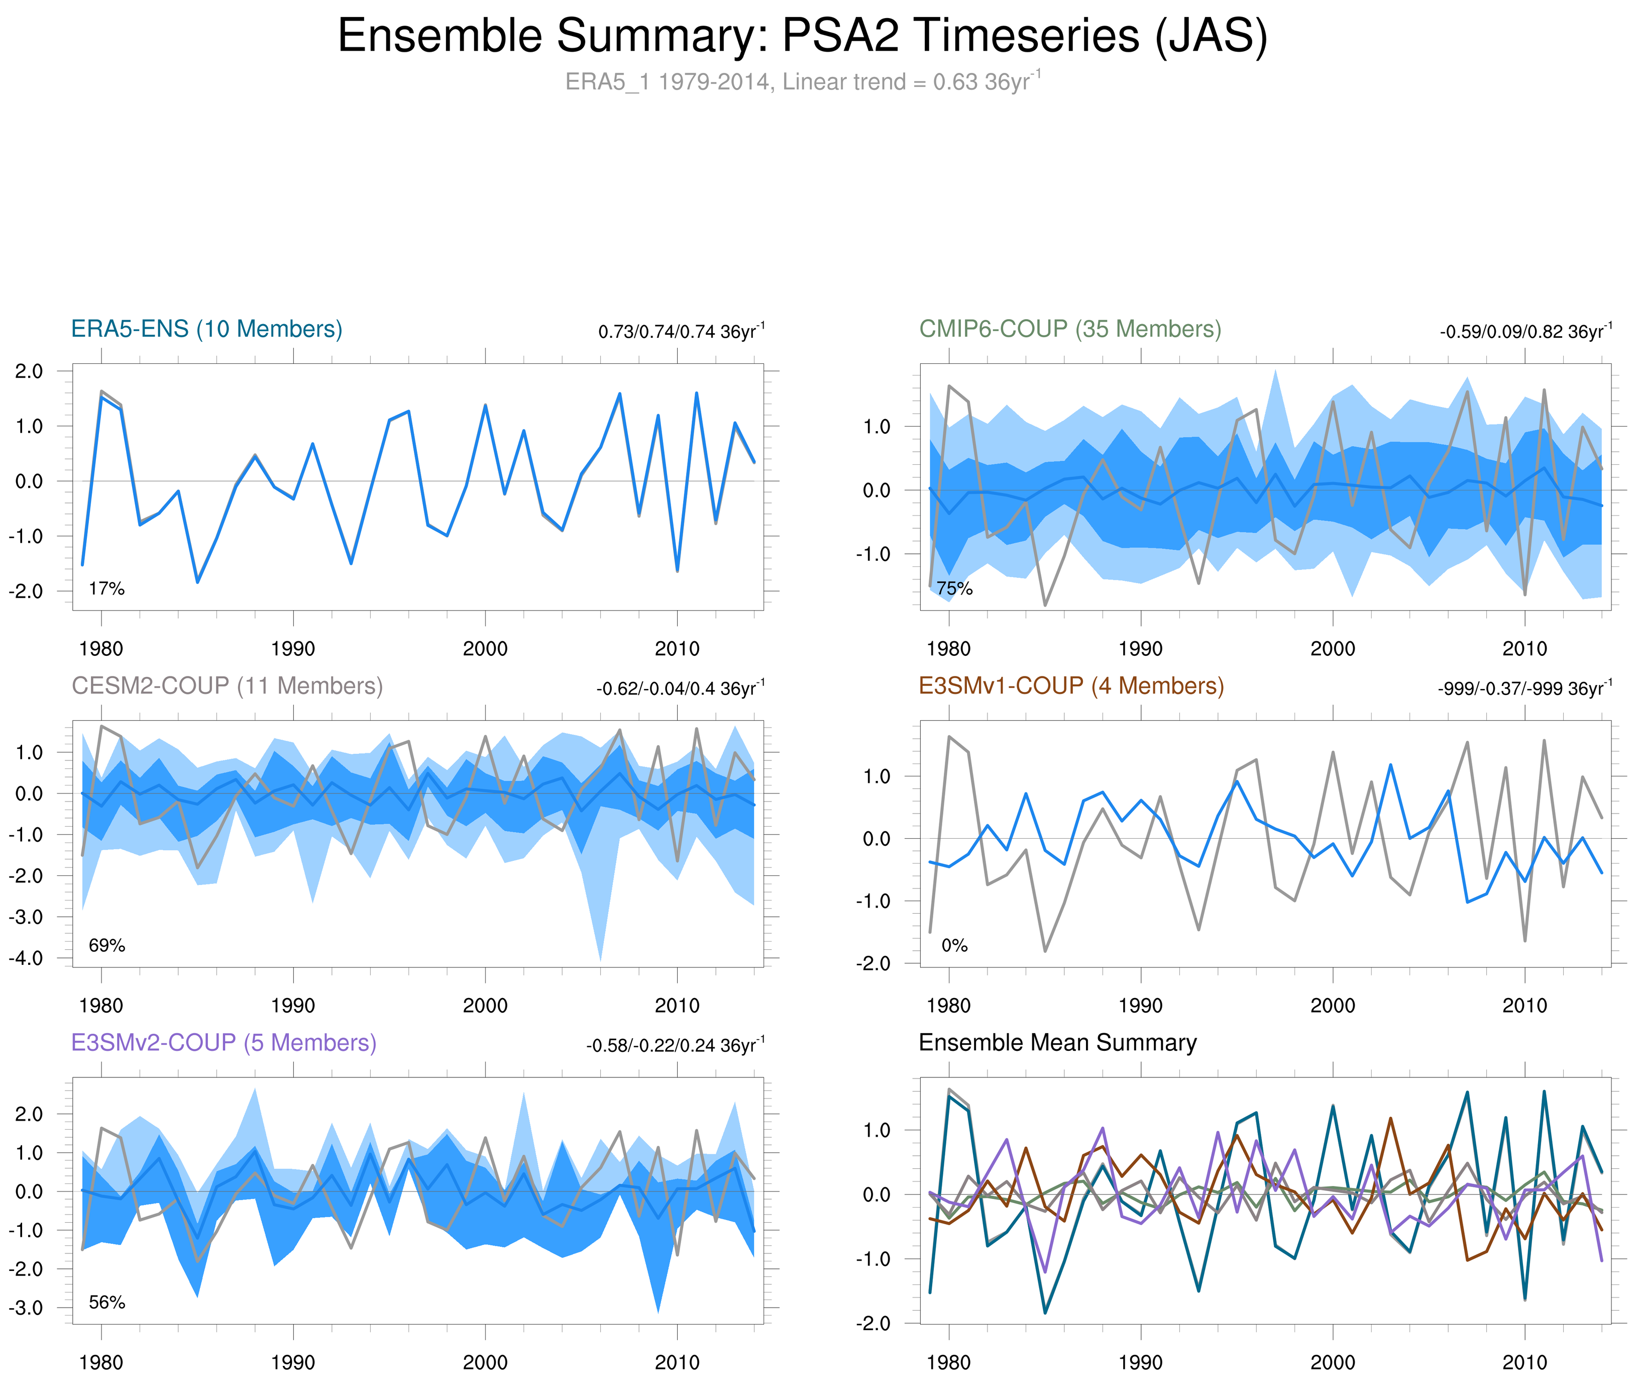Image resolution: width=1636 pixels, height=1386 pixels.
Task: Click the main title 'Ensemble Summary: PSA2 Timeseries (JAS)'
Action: coord(802,36)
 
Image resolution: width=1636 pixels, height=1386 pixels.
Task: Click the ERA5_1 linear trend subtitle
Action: coord(802,82)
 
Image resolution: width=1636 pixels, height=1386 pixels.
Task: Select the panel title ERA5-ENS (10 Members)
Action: coord(206,329)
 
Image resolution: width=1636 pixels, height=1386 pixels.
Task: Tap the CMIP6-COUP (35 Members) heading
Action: coord(1070,329)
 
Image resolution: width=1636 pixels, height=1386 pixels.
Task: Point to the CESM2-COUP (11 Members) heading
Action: coord(227,686)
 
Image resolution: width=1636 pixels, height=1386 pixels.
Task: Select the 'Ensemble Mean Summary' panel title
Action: coord(1057,1043)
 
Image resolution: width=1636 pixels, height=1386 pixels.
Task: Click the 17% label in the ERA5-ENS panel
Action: coord(107,588)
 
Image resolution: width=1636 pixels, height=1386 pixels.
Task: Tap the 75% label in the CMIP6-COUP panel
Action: coord(954,588)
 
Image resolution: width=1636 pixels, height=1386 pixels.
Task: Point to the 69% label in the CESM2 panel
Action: coord(107,945)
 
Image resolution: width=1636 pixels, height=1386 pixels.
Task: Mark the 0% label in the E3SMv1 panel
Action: coord(954,945)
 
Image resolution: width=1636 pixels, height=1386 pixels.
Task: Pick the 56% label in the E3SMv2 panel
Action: coord(107,1302)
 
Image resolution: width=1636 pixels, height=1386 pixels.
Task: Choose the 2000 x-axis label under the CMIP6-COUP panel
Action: coord(1332,649)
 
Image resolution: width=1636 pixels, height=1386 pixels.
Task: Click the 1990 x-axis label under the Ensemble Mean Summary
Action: coord(1140,1362)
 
